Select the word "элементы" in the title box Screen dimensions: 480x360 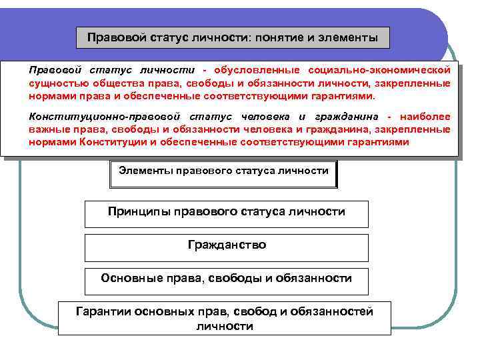coord(345,38)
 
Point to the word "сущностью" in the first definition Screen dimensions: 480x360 coord(57,83)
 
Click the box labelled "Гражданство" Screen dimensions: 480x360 coord(227,245)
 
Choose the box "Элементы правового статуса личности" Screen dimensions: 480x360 coord(223,171)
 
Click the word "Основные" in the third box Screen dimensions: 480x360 coord(130,278)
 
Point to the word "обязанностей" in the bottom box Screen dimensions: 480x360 coord(335,311)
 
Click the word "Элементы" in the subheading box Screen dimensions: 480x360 coord(145,171)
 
